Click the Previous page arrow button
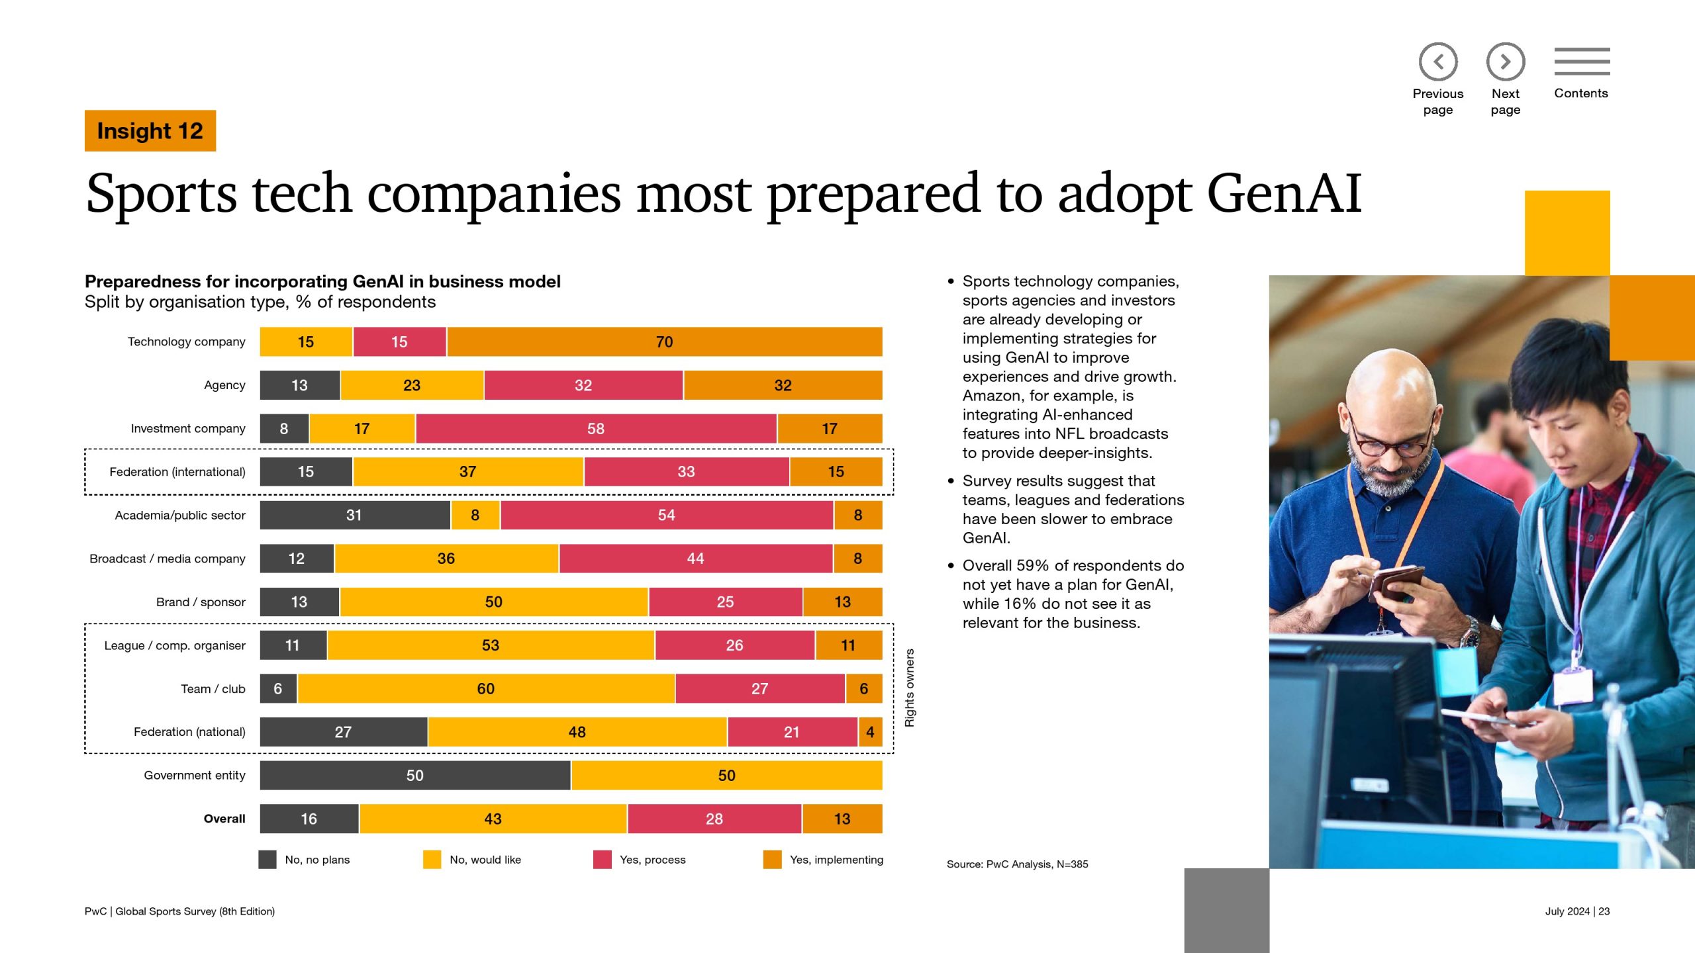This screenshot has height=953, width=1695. [1437, 62]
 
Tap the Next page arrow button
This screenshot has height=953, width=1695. [1505, 62]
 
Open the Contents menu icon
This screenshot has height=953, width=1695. [1582, 62]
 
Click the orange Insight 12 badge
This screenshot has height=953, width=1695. [150, 131]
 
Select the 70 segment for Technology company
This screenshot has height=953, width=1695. [664, 342]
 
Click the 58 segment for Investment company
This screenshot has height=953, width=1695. [596, 429]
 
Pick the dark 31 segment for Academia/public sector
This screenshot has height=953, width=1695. [354, 516]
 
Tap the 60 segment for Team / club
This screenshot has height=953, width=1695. [486, 689]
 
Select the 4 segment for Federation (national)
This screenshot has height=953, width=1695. [870, 732]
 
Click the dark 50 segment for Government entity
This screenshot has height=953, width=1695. [415, 776]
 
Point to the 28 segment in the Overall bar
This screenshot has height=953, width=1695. [714, 819]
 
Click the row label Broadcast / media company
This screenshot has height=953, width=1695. [168, 559]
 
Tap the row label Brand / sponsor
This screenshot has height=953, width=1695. [201, 602]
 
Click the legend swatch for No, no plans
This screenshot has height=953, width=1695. [267, 860]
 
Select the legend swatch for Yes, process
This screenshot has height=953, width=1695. [602, 860]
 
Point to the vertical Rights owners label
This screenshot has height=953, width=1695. [910, 688]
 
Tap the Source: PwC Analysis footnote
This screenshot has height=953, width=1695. [1017, 864]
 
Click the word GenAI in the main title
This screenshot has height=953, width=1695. [1284, 193]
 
